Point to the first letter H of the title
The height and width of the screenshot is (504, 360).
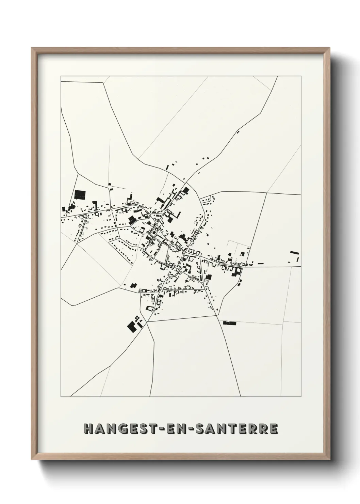(89, 429)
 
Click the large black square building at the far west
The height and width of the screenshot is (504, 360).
(80, 195)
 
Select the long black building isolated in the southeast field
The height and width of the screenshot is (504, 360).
(229, 322)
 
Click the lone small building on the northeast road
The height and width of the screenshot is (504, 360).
(238, 131)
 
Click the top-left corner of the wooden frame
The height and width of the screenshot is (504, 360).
(32, 48)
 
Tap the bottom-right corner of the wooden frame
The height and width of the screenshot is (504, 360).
(330, 459)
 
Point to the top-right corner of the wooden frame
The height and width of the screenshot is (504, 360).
(330, 48)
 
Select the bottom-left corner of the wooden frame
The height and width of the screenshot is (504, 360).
(32, 459)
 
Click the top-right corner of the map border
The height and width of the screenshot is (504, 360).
(301, 76)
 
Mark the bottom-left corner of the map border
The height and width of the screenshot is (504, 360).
(61, 397)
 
